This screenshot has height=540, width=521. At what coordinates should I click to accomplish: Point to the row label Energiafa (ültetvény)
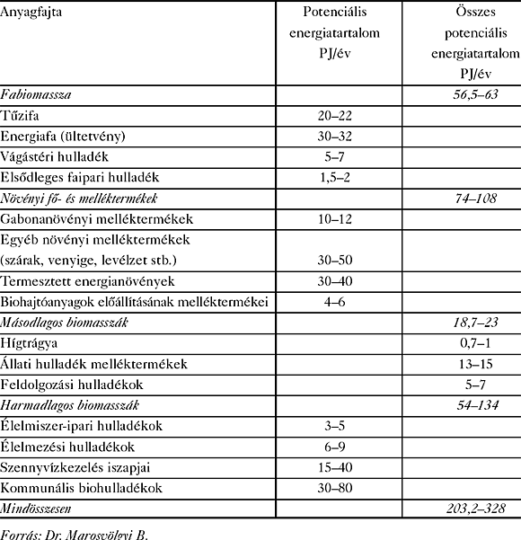tap(68, 137)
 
